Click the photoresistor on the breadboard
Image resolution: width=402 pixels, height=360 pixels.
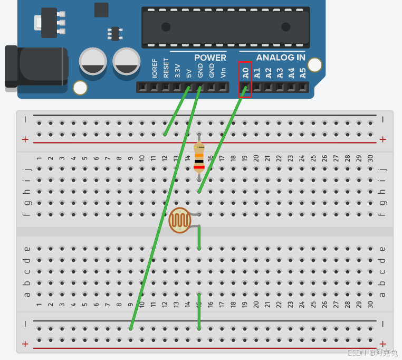(x=179, y=221)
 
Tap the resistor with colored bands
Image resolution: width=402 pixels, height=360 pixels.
(x=199, y=157)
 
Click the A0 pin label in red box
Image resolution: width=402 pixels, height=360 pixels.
(x=245, y=73)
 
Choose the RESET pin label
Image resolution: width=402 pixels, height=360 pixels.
(x=166, y=69)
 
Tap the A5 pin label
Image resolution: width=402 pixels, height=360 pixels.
(x=302, y=73)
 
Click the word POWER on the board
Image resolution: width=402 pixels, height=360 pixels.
(x=210, y=58)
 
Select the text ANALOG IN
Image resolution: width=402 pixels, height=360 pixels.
(x=281, y=58)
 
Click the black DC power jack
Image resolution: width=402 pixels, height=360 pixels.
(x=36, y=66)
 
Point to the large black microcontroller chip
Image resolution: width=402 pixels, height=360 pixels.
(x=224, y=27)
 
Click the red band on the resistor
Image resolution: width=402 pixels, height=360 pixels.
(x=199, y=167)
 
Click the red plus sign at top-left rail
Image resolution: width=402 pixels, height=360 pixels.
(x=25, y=139)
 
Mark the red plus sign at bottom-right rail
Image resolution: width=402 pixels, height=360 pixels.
(x=382, y=344)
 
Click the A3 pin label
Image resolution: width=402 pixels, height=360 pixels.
(x=280, y=73)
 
